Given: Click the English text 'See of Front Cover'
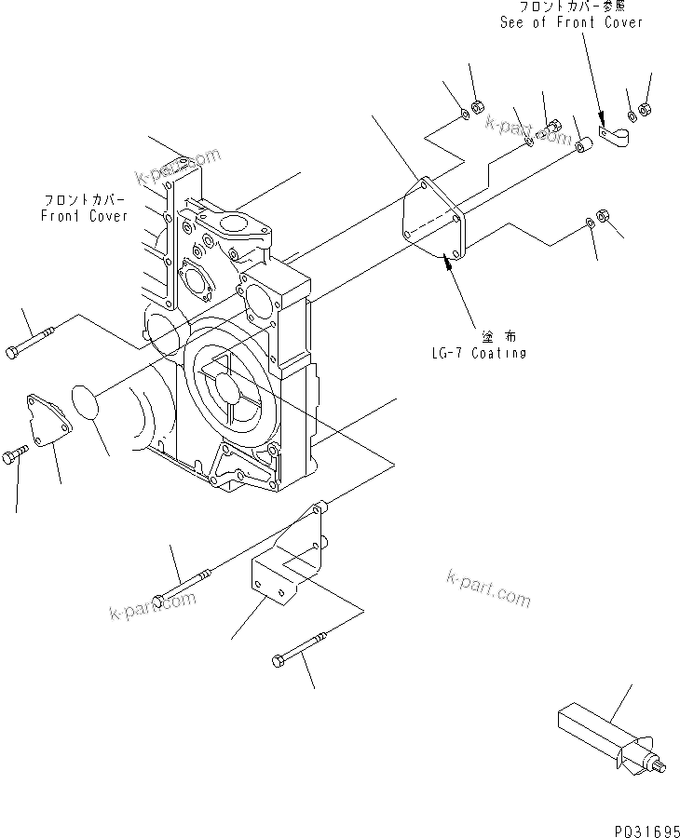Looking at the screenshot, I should [x=571, y=22].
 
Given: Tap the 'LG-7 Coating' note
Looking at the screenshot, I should [x=479, y=353].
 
